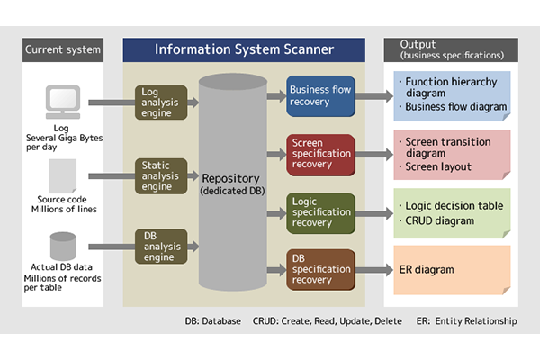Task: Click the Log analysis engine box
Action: point(161,103)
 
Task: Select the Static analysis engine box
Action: point(161,176)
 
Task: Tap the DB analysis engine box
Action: point(161,247)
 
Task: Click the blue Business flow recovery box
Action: point(320,96)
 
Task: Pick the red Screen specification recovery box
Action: point(320,155)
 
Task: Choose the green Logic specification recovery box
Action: point(320,213)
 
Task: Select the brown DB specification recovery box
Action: point(320,270)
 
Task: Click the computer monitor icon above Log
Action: point(63,102)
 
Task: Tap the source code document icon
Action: point(62,176)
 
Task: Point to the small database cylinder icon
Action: point(63,246)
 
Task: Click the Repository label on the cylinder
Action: point(230,178)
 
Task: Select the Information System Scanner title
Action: point(244,49)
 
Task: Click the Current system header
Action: point(63,49)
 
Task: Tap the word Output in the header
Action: point(418,44)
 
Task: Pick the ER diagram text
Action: point(427,269)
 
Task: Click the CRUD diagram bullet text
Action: point(436,220)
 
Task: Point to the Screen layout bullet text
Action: point(436,166)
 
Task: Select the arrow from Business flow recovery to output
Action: point(374,96)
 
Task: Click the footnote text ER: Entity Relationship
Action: point(466,321)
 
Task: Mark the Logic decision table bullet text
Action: point(451,206)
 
